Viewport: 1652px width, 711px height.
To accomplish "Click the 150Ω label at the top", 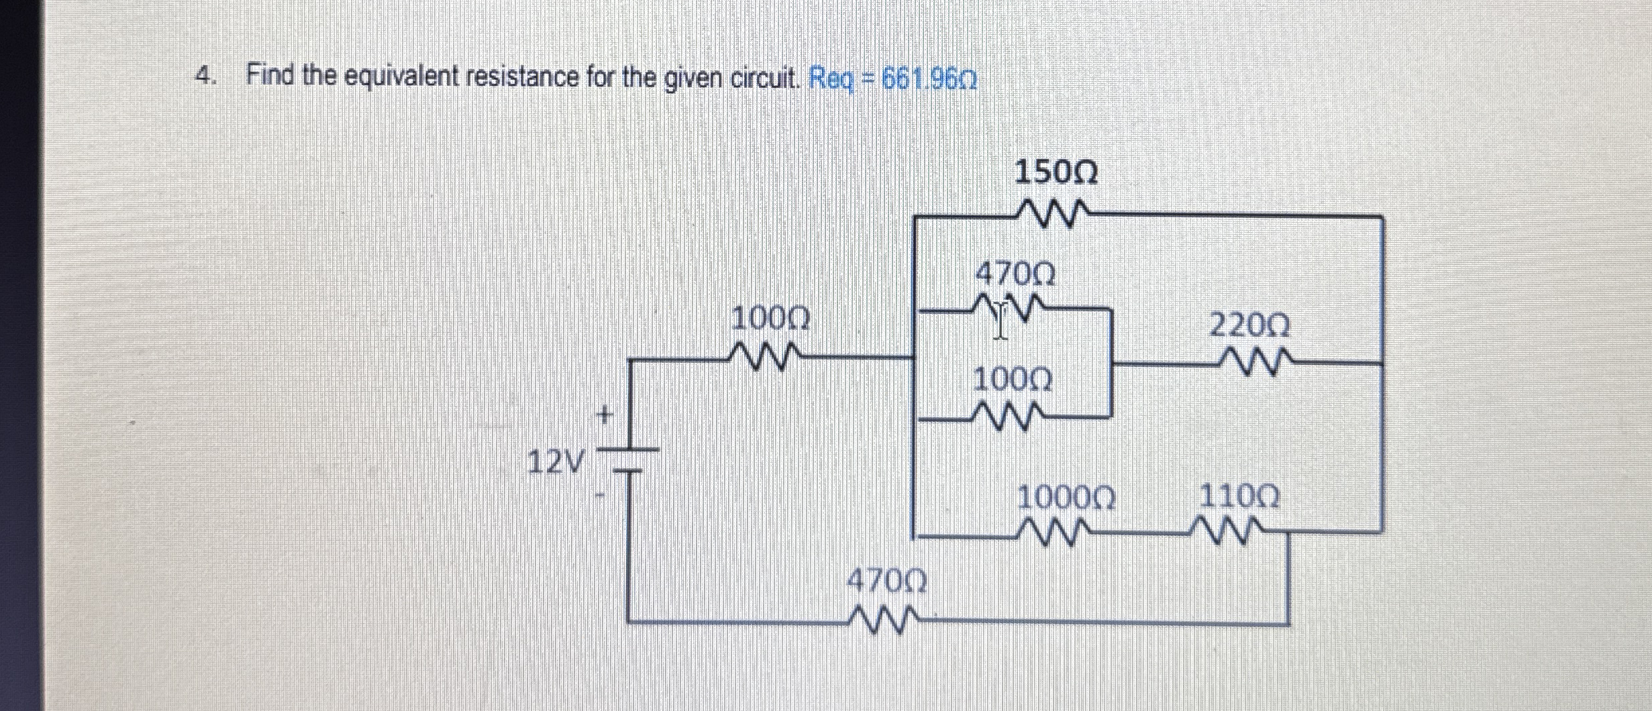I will click(1055, 174).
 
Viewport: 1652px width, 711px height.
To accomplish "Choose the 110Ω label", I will click(1239, 498).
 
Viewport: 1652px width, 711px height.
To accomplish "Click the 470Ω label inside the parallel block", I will click(1015, 274).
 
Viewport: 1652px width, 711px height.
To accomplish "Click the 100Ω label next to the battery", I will click(770, 319).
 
